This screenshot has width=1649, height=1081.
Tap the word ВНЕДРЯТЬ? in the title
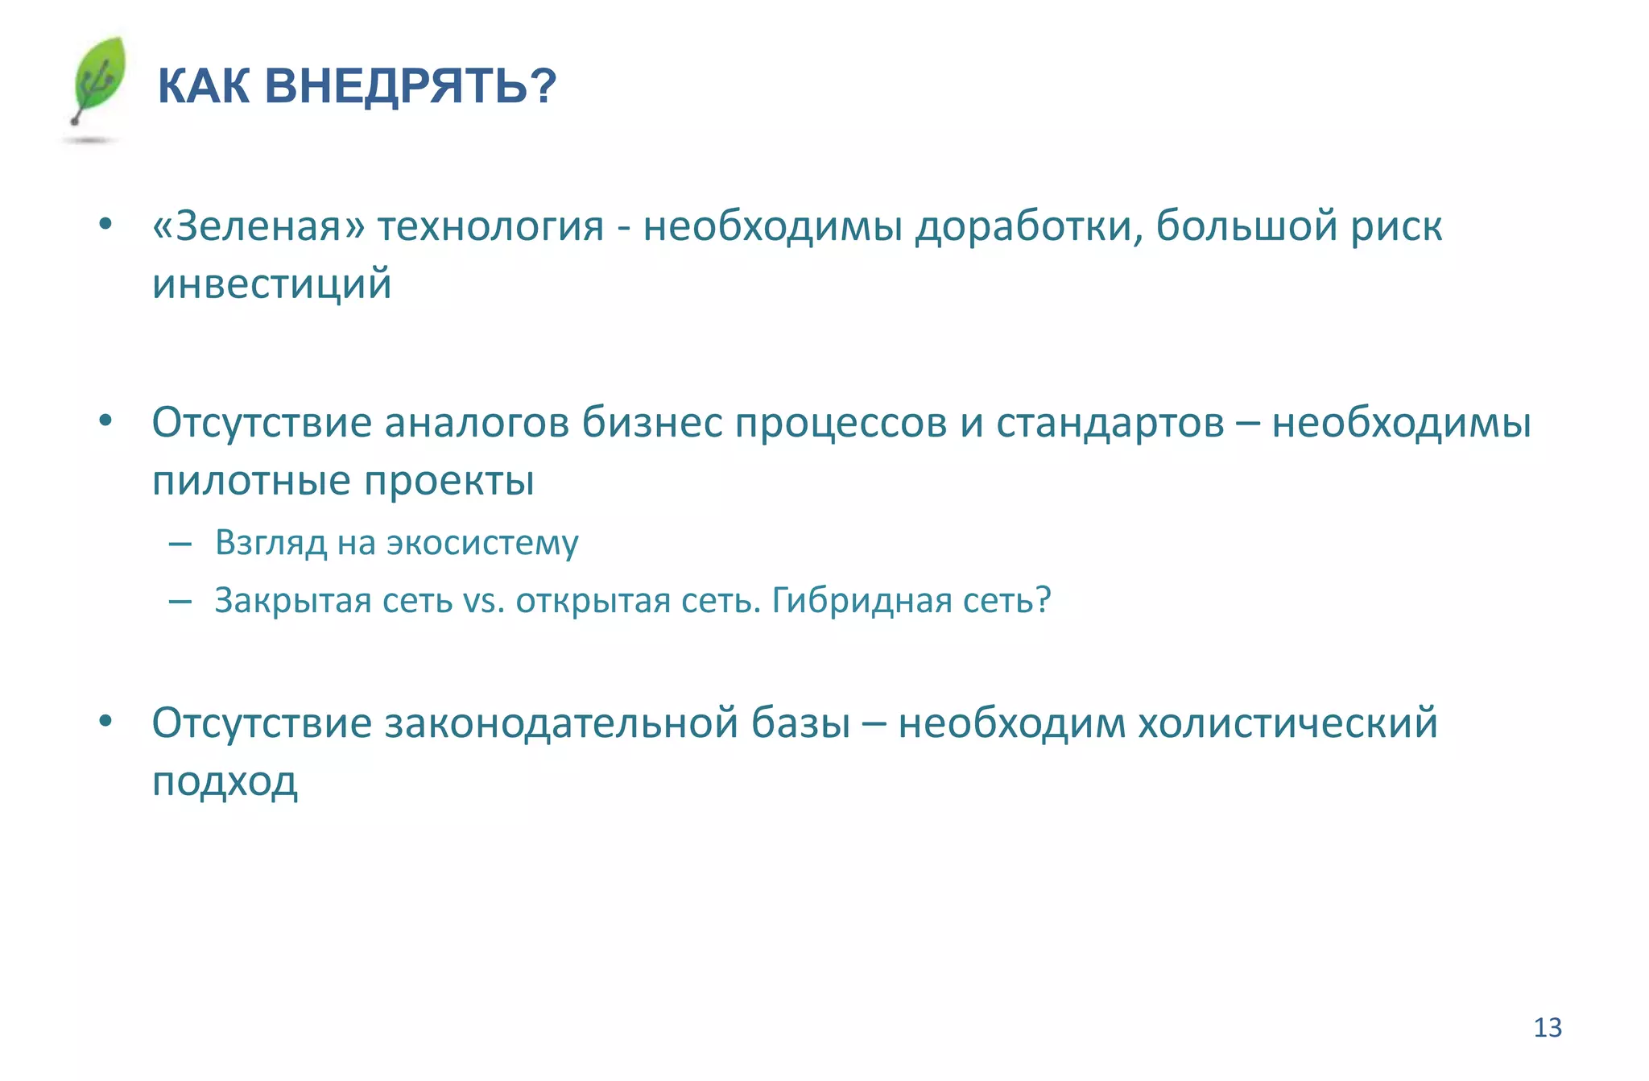tap(410, 85)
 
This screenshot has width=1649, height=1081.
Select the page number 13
tap(1547, 1028)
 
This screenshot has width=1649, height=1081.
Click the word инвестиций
tap(272, 284)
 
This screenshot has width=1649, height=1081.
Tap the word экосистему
tap(482, 544)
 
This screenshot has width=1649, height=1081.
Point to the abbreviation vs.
tap(484, 601)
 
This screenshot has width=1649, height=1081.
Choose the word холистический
tap(1287, 723)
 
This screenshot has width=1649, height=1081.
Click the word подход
tap(225, 781)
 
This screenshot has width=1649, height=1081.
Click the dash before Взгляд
tap(180, 545)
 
